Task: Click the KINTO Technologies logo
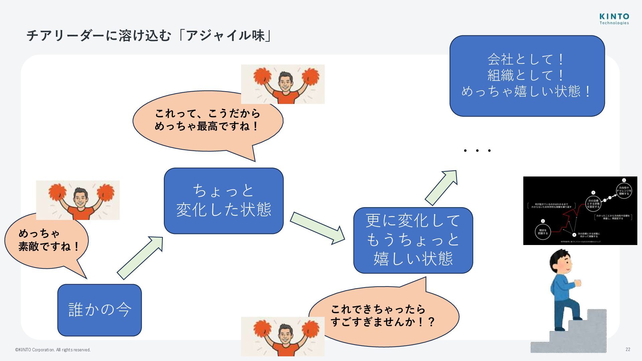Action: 614,19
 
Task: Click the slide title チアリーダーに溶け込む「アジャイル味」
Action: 149,35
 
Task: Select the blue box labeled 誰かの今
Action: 100,310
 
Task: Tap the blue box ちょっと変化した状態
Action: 223,201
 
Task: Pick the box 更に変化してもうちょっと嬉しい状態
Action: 413,240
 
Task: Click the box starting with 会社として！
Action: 527,76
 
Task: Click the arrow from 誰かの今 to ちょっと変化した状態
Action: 140,257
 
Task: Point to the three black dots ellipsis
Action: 477,151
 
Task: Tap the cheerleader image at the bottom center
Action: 283,336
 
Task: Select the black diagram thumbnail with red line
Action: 580,211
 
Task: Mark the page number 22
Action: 628,349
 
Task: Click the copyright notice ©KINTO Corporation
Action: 53,350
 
